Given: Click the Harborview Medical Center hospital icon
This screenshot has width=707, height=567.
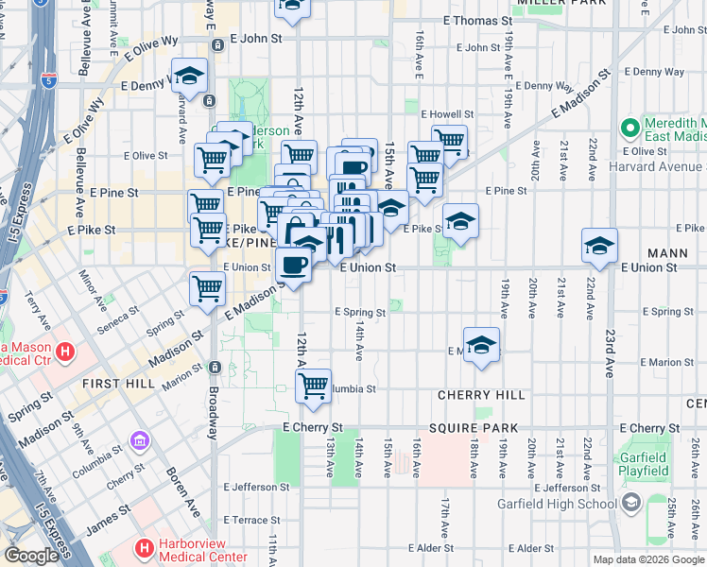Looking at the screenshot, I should click(x=145, y=546).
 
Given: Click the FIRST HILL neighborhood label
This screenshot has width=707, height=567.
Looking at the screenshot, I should click(x=112, y=384).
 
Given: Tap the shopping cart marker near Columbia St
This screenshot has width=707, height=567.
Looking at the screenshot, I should click(x=313, y=385).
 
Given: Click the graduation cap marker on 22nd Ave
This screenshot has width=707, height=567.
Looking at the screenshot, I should click(x=599, y=246).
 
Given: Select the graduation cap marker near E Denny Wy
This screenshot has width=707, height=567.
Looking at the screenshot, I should click(x=189, y=77).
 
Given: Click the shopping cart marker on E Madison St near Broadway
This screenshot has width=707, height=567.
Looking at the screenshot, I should click(x=207, y=287).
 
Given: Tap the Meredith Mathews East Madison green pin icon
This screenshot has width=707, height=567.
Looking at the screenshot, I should click(x=630, y=126).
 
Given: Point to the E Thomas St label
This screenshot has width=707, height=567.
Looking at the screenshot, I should click(x=476, y=20).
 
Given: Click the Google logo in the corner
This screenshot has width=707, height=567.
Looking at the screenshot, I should click(x=32, y=557).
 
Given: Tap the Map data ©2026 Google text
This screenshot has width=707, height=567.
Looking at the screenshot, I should click(x=648, y=559).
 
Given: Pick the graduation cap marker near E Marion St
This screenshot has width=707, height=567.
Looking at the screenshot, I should click(x=481, y=345).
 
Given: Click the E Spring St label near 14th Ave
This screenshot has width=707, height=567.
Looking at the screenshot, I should click(x=359, y=312).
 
